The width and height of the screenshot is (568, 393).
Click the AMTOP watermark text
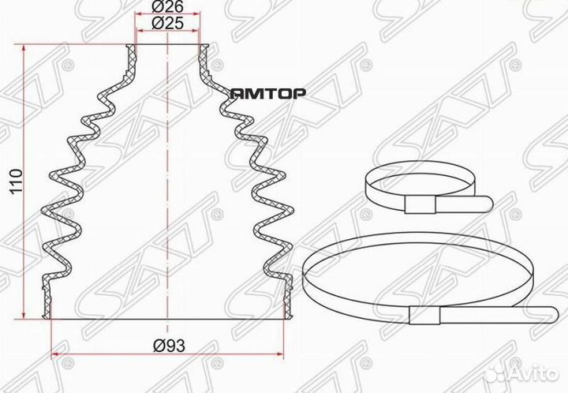268,93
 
